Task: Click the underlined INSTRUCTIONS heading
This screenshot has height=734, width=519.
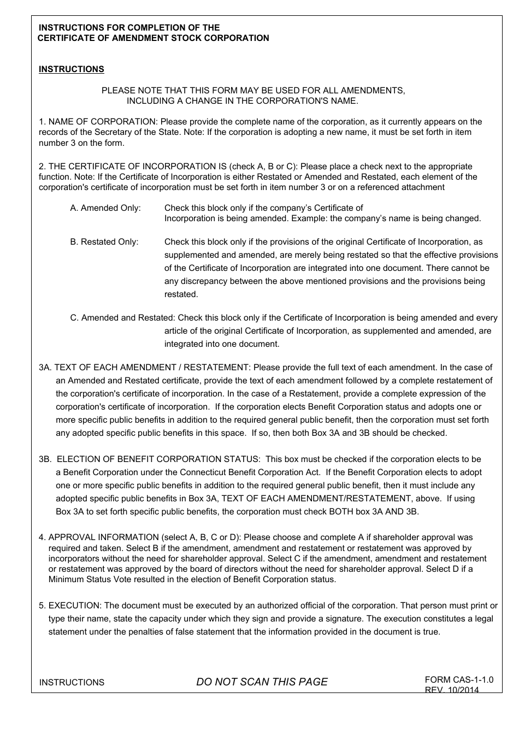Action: point(71,69)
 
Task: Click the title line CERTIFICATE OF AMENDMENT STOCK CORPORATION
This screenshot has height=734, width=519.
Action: point(153,38)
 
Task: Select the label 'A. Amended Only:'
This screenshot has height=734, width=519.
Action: point(105,208)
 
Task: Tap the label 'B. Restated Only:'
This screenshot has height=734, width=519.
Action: point(104,242)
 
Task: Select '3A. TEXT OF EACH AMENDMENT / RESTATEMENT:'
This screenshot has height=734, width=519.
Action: point(145,368)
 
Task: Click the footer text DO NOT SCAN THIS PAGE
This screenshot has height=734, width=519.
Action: point(262,682)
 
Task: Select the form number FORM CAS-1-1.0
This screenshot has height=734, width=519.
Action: point(459,680)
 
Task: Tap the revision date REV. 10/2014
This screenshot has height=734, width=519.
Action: point(452,690)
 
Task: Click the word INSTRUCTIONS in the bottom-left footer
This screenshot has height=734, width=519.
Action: point(72,683)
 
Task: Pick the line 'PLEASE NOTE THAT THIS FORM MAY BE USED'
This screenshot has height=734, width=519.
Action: point(253,91)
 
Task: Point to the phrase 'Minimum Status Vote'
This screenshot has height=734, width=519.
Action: point(86,579)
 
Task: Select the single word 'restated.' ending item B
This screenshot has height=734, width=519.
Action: point(181,294)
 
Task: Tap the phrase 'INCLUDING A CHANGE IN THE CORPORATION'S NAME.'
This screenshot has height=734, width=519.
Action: point(243,101)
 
